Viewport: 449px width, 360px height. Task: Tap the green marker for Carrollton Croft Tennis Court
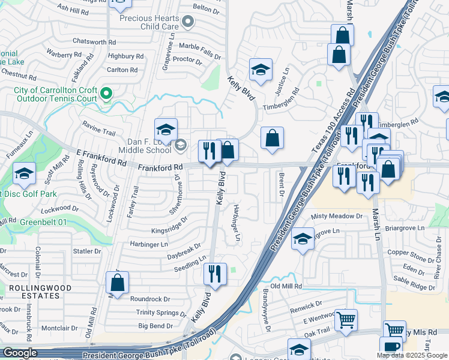point(106,94)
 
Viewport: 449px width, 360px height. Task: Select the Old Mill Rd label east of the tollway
point(286,286)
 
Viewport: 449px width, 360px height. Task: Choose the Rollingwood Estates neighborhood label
point(40,292)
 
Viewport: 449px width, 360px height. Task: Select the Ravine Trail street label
point(98,129)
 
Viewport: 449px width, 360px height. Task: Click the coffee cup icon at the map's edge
point(390,347)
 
